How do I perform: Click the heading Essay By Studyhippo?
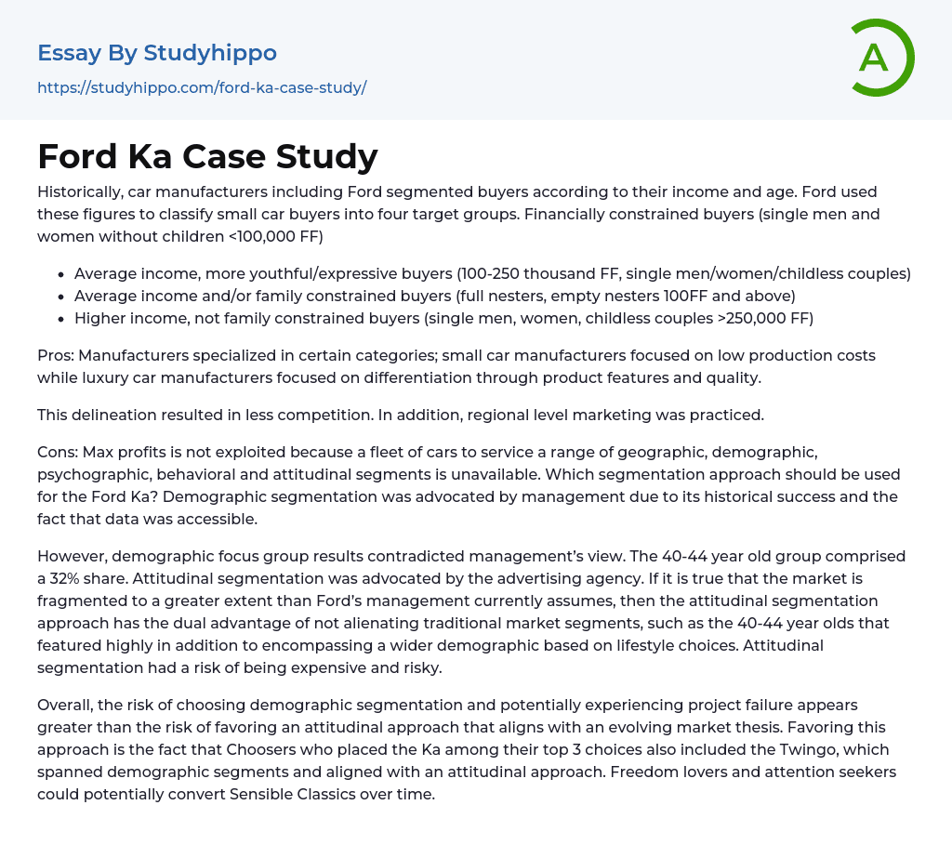tap(157, 53)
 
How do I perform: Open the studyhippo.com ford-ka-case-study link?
tap(202, 88)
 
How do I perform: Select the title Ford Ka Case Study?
tap(207, 156)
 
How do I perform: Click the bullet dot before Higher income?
tap(60, 319)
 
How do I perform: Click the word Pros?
tap(57, 356)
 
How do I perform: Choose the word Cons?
tap(59, 453)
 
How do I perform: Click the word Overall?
tap(66, 706)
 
